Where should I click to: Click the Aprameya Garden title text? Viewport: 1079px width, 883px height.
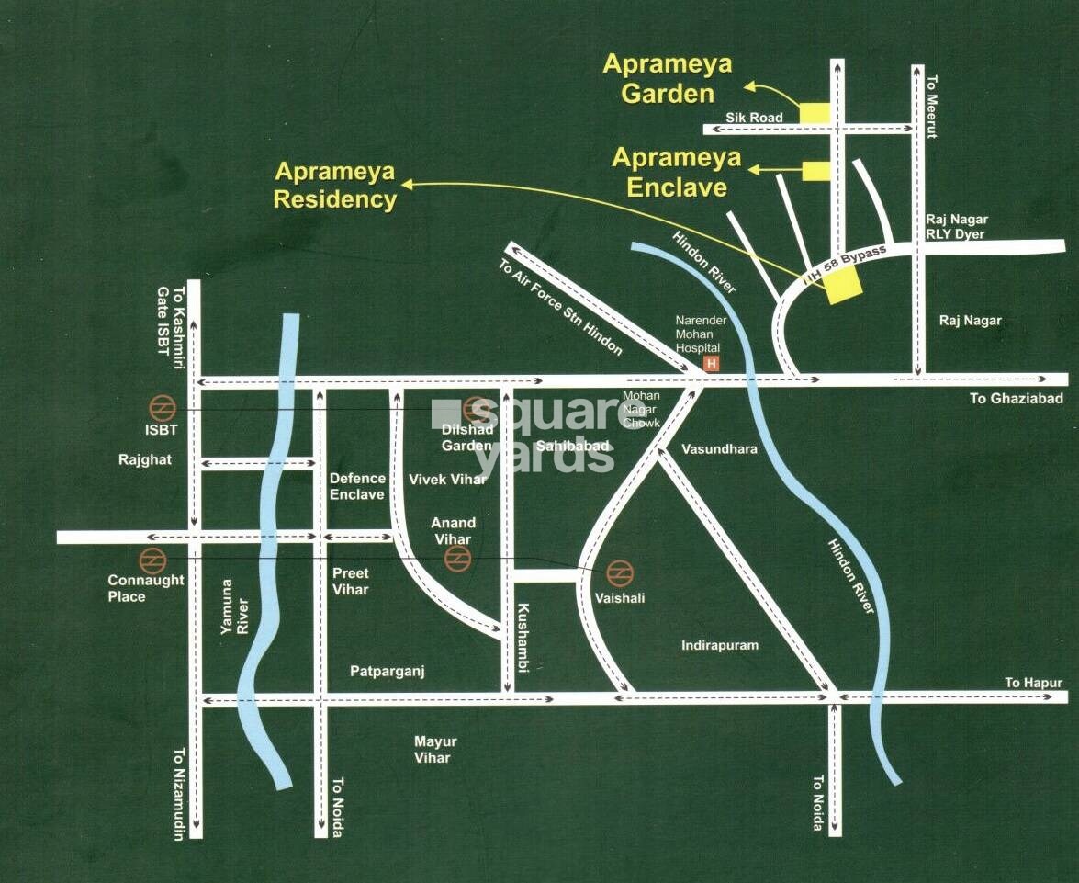coord(668,79)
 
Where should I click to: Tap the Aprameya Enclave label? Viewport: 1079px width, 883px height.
coord(677,172)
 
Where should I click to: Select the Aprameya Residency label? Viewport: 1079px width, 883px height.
coord(335,186)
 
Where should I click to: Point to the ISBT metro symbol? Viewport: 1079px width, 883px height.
coord(163,407)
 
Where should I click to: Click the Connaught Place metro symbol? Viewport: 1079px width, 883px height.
coord(150,559)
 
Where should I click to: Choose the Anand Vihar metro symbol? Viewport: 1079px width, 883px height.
coord(456,559)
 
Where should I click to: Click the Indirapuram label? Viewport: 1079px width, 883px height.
coord(720,645)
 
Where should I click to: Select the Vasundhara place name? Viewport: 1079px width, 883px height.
coord(720,449)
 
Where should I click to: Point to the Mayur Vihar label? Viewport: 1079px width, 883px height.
coord(435,750)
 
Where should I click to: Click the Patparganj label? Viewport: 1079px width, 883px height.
coord(387,672)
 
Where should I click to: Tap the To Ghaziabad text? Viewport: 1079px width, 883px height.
coord(1017,398)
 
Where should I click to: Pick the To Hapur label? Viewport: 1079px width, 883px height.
coord(1033,683)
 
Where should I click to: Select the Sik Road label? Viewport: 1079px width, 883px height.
coord(754,118)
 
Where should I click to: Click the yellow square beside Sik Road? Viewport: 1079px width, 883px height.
coord(814,113)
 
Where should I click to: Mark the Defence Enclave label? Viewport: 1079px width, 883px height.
coord(357,486)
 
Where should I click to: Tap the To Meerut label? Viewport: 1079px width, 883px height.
coord(932,107)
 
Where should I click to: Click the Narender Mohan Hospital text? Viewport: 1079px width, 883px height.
coord(701,334)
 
